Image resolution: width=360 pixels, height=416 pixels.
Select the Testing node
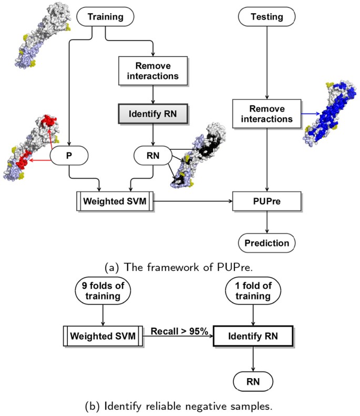tap(269, 17)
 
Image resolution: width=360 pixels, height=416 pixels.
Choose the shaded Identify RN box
tap(152, 113)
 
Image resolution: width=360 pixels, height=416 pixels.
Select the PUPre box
tap(269, 201)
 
